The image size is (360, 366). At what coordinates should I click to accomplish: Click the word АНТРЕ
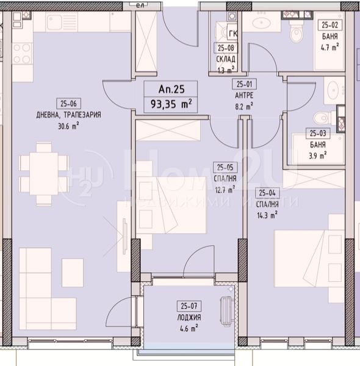pyautogui.click(x=245, y=95)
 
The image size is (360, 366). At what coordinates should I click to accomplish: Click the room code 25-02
pyautogui.click(x=329, y=26)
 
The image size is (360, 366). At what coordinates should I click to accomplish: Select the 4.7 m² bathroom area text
pyautogui.click(x=329, y=48)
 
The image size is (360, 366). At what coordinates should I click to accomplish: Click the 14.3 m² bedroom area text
pyautogui.click(x=267, y=214)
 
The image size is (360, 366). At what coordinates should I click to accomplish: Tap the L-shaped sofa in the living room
pyautogui.click(x=49, y=274)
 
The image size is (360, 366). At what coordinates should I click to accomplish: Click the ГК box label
pyautogui.click(x=232, y=34)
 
